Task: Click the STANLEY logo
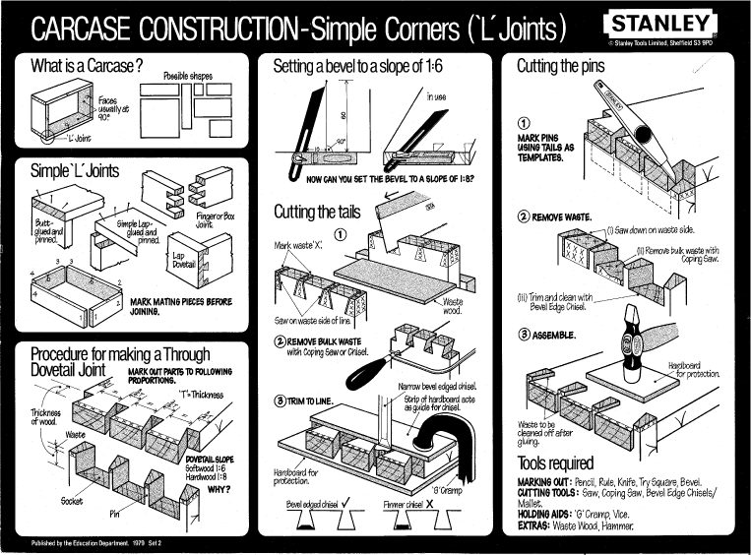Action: (661, 24)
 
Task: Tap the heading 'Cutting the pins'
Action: (572, 67)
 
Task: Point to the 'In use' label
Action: (436, 97)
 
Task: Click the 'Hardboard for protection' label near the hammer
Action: (696, 370)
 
